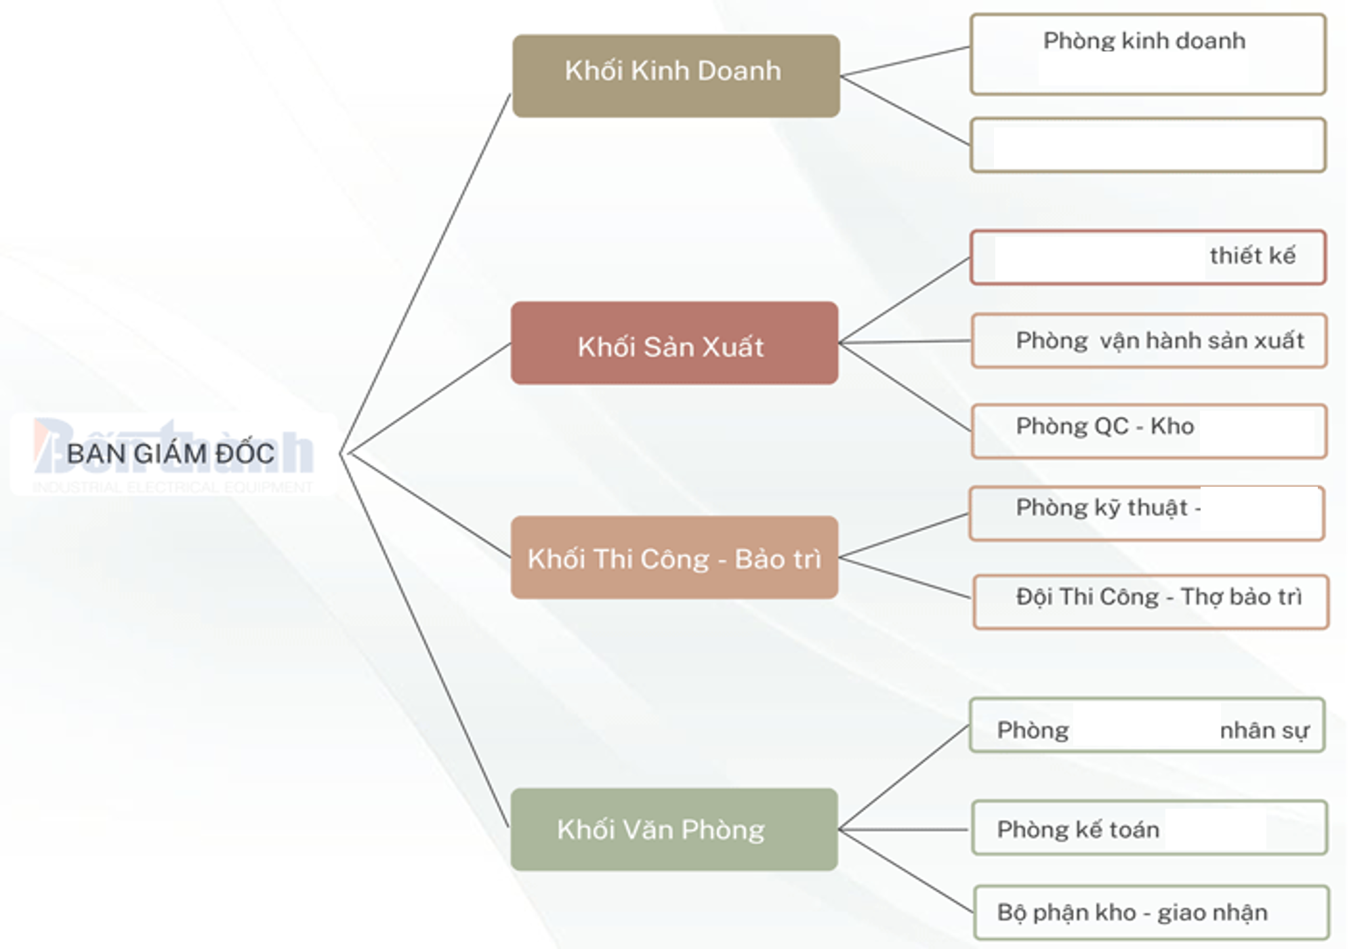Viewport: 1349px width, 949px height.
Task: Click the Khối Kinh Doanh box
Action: point(676,76)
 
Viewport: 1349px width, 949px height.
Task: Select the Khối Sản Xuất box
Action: point(674,344)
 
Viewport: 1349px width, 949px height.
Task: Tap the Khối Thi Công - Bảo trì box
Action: point(674,557)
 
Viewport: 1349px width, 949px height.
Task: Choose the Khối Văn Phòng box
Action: point(674,829)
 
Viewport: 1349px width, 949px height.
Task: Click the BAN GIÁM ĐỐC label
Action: point(171,454)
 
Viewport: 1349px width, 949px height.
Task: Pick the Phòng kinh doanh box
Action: point(1148,54)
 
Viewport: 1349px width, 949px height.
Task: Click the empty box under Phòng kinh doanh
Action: point(1148,145)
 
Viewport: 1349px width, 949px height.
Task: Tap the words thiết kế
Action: point(1252,256)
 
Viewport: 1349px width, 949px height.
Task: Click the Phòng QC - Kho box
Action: point(1149,431)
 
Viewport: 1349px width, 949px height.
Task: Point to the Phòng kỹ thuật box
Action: point(1146,513)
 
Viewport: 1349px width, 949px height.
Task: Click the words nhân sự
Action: point(1264,731)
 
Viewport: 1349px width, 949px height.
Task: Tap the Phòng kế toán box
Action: point(1149,828)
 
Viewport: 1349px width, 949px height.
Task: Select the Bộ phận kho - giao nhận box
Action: point(1150,912)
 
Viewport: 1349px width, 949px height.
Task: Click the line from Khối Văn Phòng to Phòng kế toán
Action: point(905,829)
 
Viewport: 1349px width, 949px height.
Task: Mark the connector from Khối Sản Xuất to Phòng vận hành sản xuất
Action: point(905,342)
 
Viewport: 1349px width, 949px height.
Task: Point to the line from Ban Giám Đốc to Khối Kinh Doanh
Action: point(425,275)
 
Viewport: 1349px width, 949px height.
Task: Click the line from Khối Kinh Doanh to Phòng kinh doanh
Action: point(905,62)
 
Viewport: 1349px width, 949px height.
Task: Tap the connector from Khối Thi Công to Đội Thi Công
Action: point(905,578)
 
